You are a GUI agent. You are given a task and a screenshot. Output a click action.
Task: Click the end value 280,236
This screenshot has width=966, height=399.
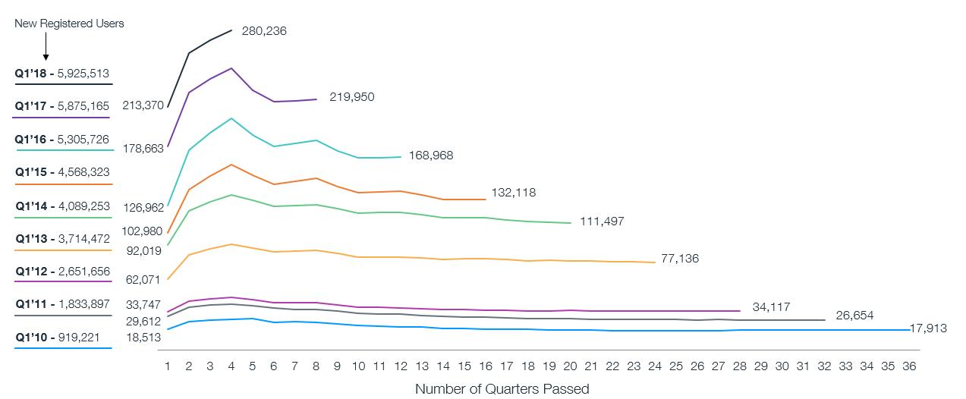coord(264,31)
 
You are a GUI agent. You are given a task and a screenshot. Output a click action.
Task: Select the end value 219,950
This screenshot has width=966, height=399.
coord(352,97)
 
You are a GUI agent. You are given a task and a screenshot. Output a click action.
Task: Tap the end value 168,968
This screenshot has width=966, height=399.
coord(431,156)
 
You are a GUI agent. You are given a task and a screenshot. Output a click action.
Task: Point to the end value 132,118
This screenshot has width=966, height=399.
coord(514,193)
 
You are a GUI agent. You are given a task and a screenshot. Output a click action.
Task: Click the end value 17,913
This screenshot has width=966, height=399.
coord(930,329)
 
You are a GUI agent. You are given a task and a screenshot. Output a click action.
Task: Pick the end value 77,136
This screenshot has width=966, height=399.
coord(680,259)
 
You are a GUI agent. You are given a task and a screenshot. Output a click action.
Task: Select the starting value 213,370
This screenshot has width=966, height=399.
coord(143,105)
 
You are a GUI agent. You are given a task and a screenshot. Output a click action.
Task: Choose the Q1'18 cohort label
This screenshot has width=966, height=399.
coord(62,74)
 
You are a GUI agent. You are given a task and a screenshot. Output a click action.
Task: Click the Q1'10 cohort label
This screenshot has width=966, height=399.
coord(62,338)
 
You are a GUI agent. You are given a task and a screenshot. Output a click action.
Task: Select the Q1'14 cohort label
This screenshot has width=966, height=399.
coord(62,206)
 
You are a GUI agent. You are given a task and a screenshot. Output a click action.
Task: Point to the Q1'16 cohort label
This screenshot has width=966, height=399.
coord(62,140)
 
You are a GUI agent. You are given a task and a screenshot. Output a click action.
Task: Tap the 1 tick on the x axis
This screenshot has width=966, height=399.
coord(168,366)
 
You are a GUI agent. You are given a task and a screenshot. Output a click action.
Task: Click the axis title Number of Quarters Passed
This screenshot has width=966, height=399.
coord(502,389)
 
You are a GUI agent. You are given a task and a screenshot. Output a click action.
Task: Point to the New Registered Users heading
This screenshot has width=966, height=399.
coord(69,24)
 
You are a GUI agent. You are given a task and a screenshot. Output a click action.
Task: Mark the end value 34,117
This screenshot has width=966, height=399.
coord(772,307)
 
